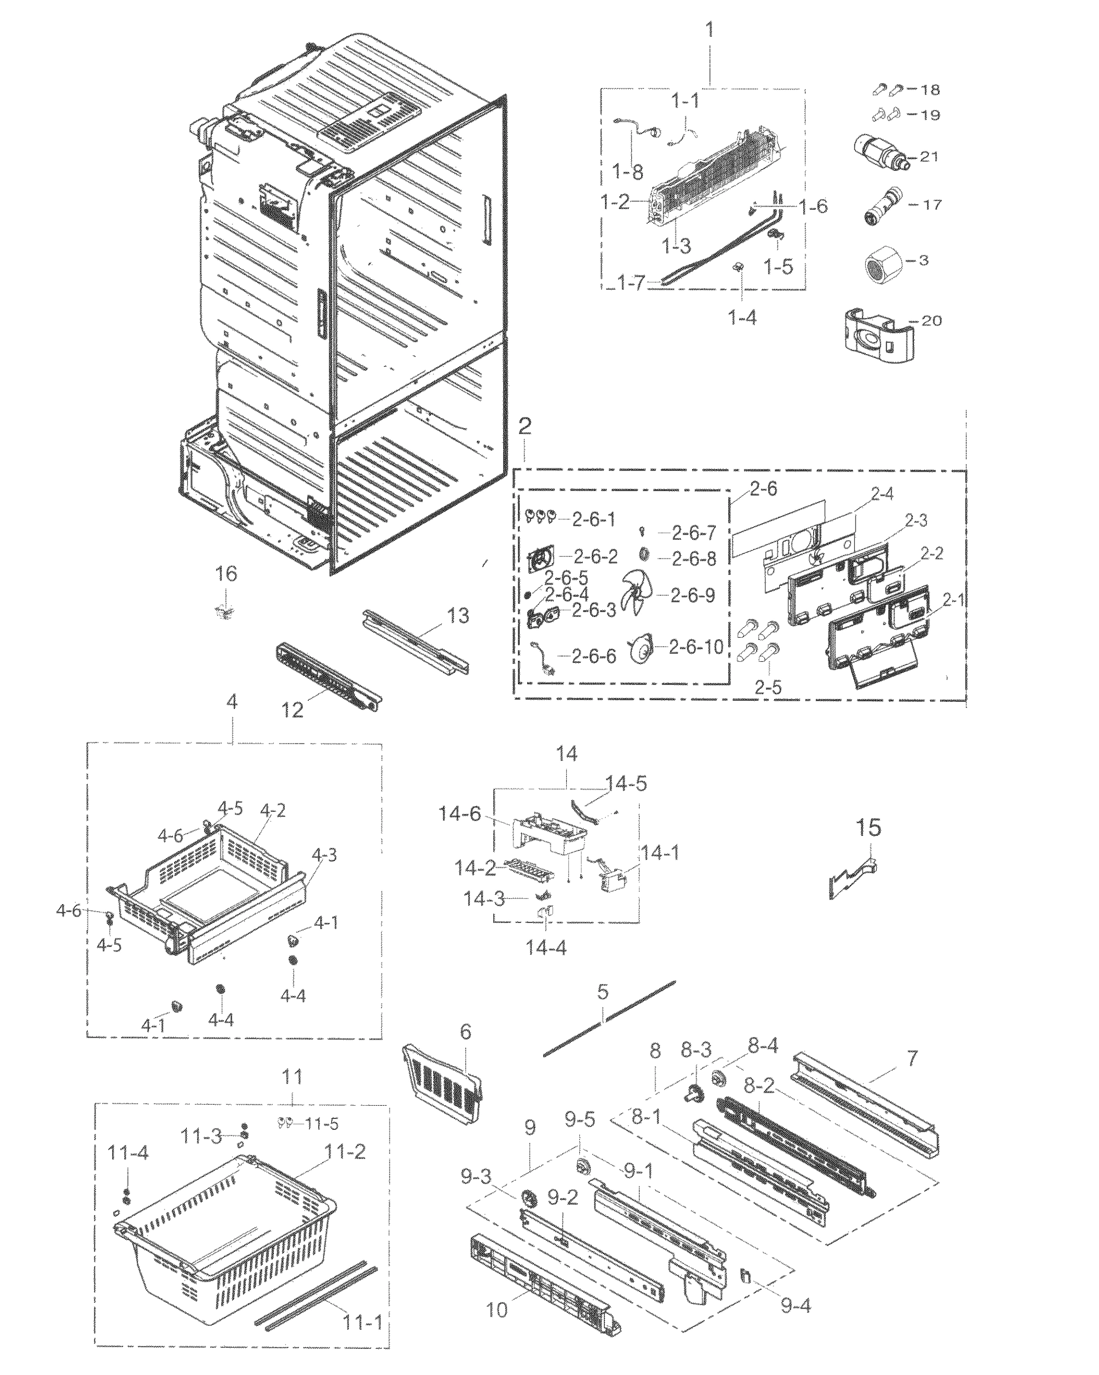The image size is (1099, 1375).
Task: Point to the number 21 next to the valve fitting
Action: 929,156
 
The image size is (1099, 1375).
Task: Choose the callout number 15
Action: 868,828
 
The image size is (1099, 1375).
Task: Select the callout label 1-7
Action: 631,282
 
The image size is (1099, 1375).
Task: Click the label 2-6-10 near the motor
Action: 696,647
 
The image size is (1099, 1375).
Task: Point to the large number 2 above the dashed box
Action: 524,426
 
